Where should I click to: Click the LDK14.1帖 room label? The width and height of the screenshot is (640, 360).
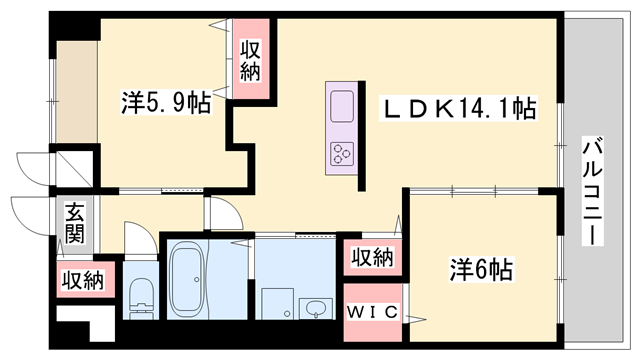point(458,109)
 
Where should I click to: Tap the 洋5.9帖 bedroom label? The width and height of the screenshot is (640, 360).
point(166,102)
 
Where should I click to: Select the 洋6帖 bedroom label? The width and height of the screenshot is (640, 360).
point(481,269)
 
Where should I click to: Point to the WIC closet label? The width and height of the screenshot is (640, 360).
point(372,313)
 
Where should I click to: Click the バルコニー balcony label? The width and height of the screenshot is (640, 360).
point(592,191)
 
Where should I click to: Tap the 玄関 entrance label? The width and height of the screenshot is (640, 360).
point(75,223)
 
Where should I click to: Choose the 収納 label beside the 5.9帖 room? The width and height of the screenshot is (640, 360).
point(250,60)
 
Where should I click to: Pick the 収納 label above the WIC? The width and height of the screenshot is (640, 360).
point(373,257)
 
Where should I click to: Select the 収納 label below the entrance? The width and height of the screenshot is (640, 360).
point(83,280)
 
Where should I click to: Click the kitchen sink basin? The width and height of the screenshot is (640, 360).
point(342,107)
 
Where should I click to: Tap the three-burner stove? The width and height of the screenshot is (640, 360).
point(342,154)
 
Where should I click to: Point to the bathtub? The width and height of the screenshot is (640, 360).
point(187,279)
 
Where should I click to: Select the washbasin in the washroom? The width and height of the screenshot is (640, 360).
point(316,308)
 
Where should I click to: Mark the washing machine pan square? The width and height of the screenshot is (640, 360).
point(278,304)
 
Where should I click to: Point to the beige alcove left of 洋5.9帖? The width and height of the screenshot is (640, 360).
point(77,91)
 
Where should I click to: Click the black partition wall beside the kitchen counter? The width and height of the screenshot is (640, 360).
point(362,136)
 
